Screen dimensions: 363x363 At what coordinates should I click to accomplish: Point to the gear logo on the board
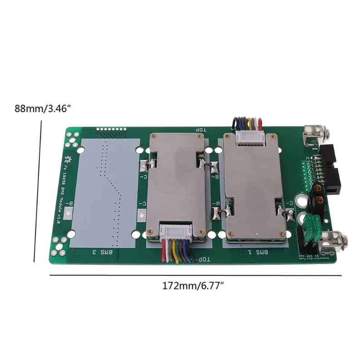pyautogui.click(x=69, y=159)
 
